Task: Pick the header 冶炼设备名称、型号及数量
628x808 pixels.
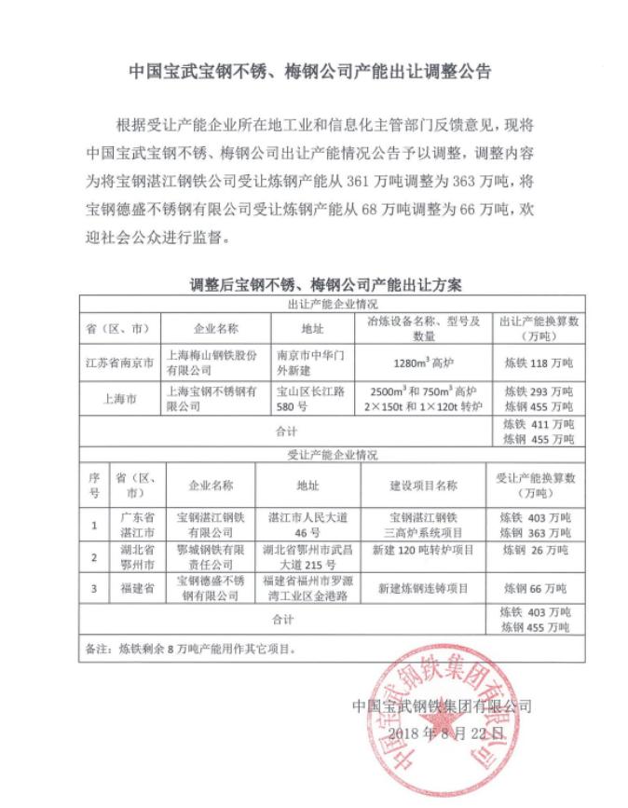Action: point(424,328)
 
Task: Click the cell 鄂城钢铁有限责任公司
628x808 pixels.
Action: point(211,558)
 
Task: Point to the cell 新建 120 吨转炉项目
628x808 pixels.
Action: point(422,551)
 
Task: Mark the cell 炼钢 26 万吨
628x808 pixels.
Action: point(536,551)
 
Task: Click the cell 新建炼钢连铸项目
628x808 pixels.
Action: point(422,589)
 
